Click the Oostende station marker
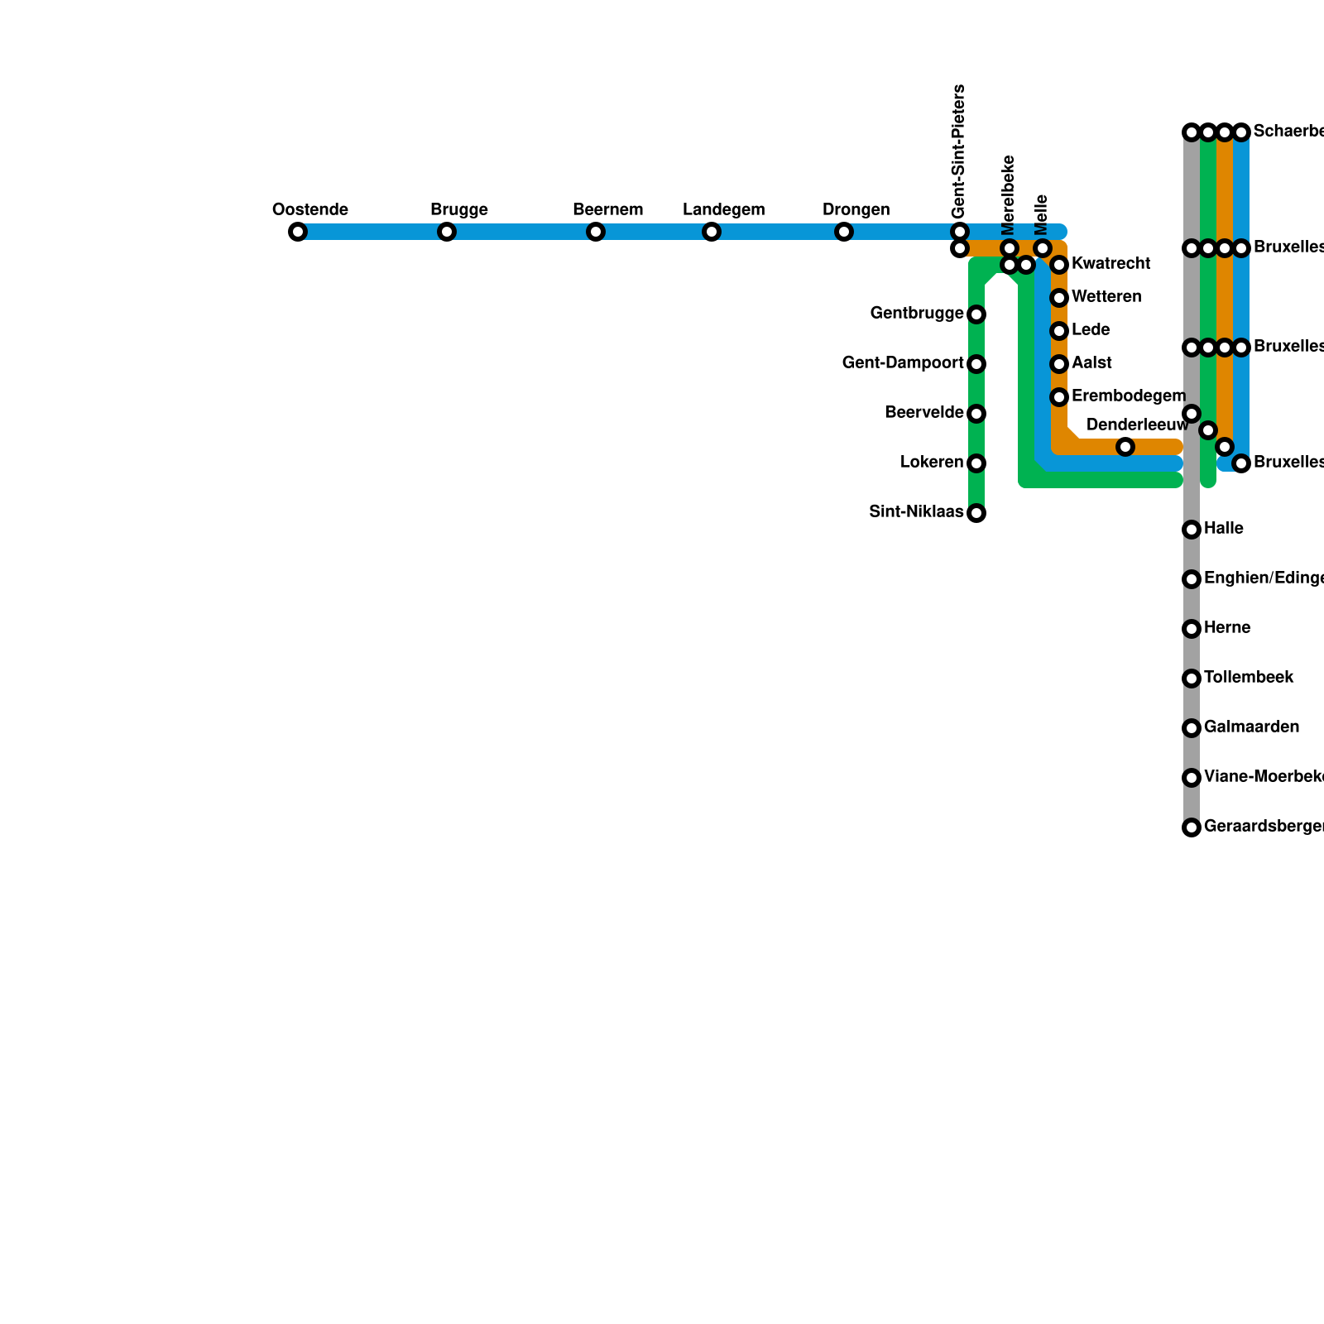[x=298, y=232]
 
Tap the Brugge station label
[x=459, y=210]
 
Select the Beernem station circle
[x=596, y=232]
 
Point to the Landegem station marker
[x=712, y=232]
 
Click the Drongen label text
[x=856, y=210]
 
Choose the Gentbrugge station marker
[x=976, y=314]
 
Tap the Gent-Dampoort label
[x=903, y=363]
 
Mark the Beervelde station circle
[x=976, y=414]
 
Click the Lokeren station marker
[x=976, y=463]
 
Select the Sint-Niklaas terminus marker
[x=976, y=513]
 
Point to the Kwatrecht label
[x=1111, y=264]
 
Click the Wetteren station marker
[x=1059, y=298]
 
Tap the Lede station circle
[x=1059, y=331]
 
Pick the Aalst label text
[x=1091, y=363]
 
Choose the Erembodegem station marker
[x=1059, y=397]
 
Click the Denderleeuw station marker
[x=1125, y=447]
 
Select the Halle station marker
[x=1192, y=530]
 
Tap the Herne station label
[x=1227, y=628]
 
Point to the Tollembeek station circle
[x=1192, y=679]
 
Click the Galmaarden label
[x=1251, y=727]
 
